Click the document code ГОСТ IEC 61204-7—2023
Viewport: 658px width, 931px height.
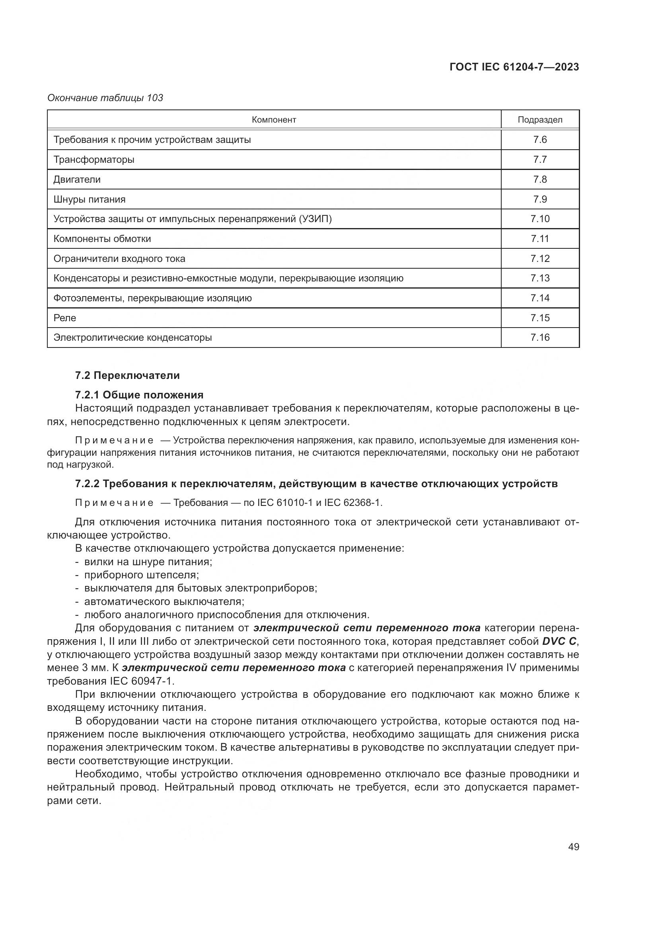514,67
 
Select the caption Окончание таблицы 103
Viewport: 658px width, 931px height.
105,98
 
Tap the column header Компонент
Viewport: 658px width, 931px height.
274,120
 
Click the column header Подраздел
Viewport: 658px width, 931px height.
540,120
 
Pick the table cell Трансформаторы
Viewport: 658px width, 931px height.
94,159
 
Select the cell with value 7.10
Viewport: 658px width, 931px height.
540,219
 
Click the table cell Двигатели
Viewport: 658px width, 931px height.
77,179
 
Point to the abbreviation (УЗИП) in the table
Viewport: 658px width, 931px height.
315,219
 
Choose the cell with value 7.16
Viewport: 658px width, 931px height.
540,338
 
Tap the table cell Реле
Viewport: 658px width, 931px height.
65,318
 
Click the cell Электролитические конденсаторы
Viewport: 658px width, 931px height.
132,338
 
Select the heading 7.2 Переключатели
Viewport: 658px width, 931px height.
127,375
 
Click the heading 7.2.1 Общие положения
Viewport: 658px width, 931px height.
139,394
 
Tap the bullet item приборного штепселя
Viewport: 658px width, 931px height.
141,575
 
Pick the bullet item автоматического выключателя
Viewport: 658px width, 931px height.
164,601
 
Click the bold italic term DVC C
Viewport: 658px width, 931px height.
559,642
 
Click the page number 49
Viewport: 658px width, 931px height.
573,847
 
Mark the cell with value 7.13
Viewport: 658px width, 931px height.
540,278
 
